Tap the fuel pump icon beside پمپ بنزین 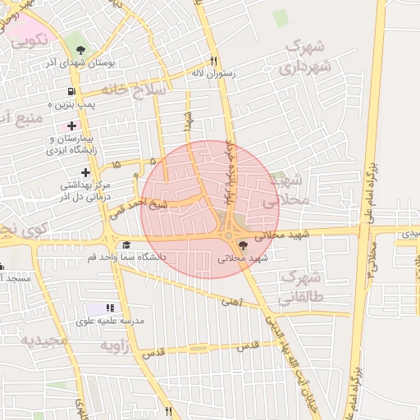pos(72,91)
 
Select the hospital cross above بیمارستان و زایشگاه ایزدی pos(71,126)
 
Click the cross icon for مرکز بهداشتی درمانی pos(86,171)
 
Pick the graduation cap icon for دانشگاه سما pos(126,244)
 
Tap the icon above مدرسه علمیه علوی pos(111,308)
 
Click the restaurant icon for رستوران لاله pos(213,60)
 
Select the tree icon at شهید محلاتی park pos(241,244)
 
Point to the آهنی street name pos(232,302)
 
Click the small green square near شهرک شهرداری pos(281,18)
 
